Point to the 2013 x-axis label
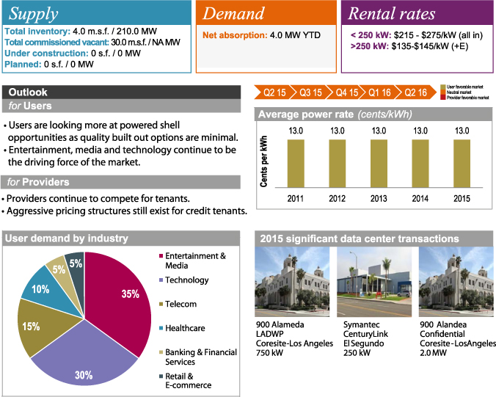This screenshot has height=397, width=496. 379,198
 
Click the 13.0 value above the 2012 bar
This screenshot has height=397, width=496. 337,131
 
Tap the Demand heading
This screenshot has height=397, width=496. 233,13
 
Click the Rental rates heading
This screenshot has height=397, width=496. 391,13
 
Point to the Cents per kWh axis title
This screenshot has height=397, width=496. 265,161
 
